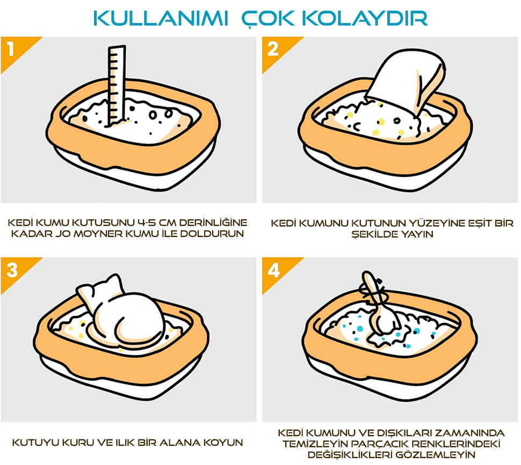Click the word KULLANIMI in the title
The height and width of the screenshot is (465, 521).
161,18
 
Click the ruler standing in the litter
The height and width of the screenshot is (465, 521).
116,86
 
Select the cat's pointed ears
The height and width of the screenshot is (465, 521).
100,286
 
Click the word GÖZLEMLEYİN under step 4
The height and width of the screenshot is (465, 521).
436,454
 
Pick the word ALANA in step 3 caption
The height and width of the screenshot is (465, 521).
179,442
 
